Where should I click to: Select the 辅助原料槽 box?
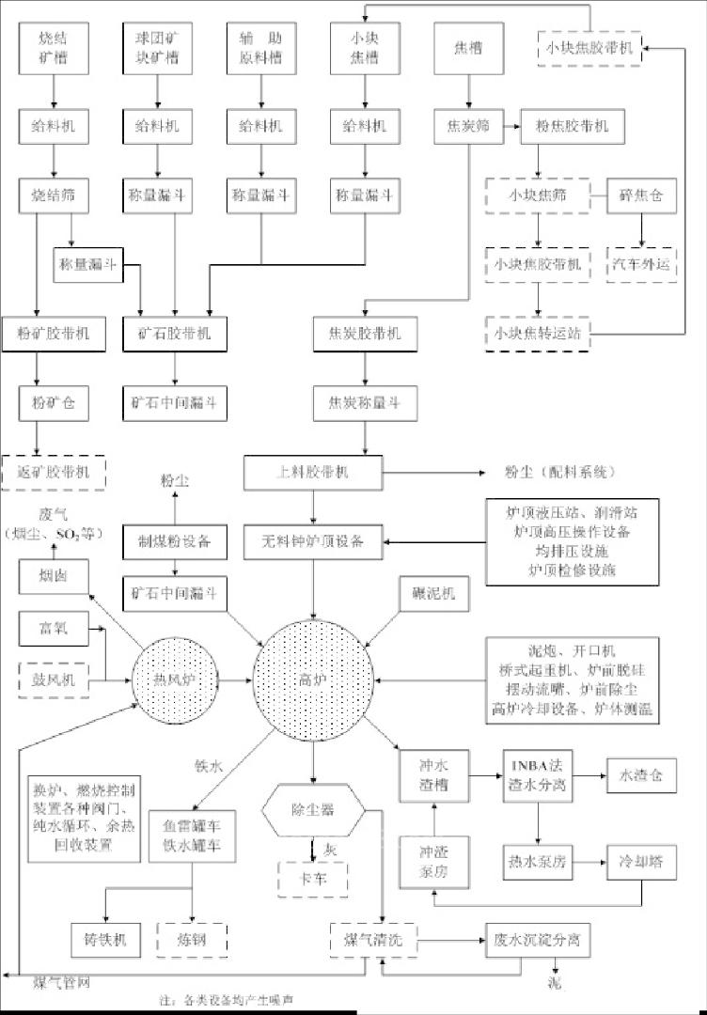pyautogui.click(x=260, y=49)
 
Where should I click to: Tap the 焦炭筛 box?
pyautogui.click(x=465, y=125)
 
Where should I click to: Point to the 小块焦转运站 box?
pyautogui.click(x=537, y=334)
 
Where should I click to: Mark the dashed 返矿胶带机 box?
pyautogui.click(x=54, y=471)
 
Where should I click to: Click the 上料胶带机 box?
pyautogui.click(x=313, y=472)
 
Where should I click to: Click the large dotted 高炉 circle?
pyautogui.click(x=313, y=678)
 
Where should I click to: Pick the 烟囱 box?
pyautogui.click(x=54, y=574)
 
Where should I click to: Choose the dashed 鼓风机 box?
pyautogui.click(x=54, y=679)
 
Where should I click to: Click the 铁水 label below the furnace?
pyautogui.click(x=208, y=767)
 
